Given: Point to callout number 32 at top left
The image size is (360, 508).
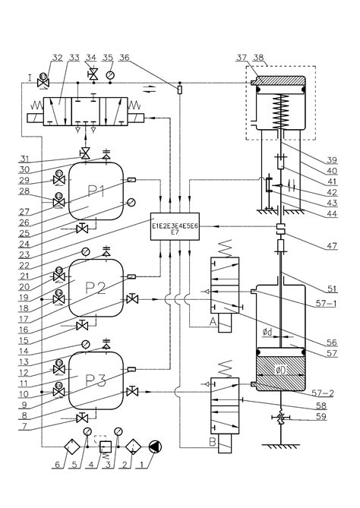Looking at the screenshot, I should coord(57,56).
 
